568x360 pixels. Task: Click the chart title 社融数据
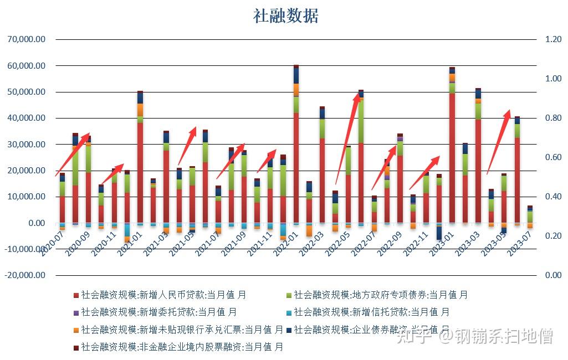(286, 16)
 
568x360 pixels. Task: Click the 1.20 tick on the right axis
(553, 40)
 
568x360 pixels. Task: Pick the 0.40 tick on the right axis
(553, 197)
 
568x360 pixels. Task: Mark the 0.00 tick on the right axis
(553, 275)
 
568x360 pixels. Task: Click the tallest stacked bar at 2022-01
(296, 144)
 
